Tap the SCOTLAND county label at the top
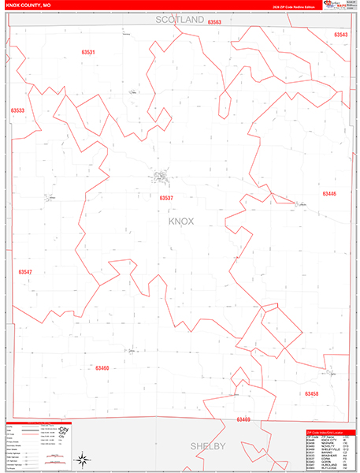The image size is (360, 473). click(x=180, y=18)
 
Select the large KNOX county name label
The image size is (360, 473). click(x=182, y=222)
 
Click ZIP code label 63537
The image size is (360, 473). click(x=166, y=198)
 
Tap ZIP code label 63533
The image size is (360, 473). click(x=18, y=110)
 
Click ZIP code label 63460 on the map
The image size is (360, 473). click(x=102, y=367)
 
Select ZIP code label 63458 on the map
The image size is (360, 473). click(x=311, y=393)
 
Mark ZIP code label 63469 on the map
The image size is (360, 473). click(x=243, y=419)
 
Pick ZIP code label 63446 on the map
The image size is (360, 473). click(x=328, y=193)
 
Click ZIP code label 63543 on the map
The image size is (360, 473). click(x=340, y=35)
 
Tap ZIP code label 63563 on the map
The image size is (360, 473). click(x=215, y=23)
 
